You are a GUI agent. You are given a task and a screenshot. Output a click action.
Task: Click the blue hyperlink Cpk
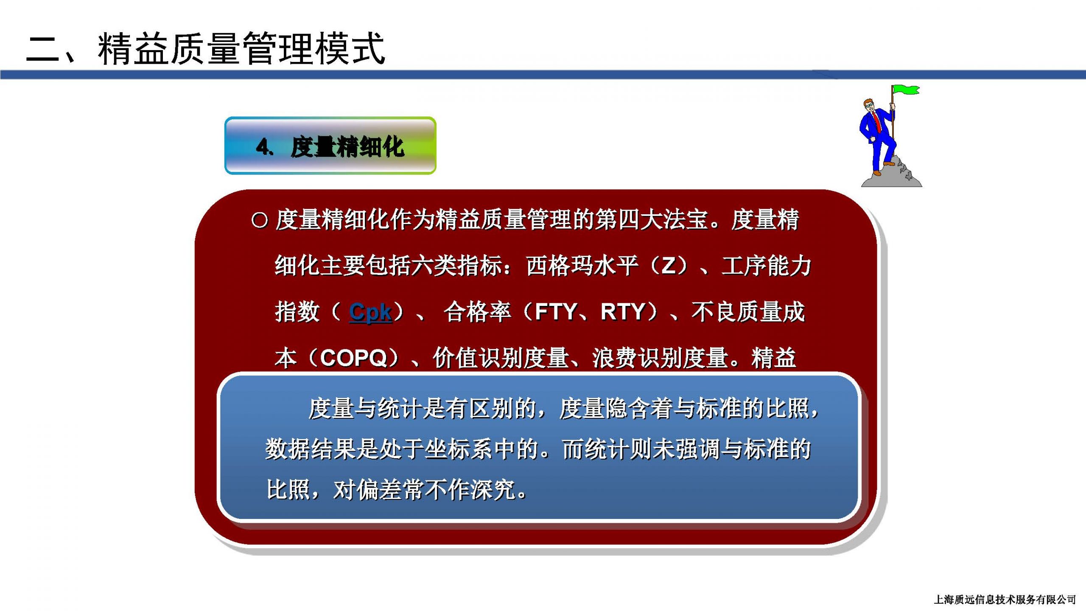[x=370, y=313]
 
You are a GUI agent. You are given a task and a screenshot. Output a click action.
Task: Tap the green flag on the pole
[x=906, y=90]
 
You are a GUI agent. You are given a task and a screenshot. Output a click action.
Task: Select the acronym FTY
[x=556, y=312]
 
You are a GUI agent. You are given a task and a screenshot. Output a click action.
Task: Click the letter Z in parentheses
[x=669, y=266]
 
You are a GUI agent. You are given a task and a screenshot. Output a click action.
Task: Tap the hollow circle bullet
[x=260, y=220]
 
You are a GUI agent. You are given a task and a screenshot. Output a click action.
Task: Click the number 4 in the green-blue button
[x=263, y=147]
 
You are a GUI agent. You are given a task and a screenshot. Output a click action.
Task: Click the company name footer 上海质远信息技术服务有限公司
[x=1005, y=599]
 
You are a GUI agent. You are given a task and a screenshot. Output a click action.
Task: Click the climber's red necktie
[x=877, y=121]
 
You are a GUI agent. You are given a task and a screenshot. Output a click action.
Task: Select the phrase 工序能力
[x=766, y=266]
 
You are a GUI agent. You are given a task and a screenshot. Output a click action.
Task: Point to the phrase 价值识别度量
[x=501, y=358]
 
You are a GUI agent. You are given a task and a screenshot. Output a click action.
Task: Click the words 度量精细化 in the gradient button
[x=347, y=147]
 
